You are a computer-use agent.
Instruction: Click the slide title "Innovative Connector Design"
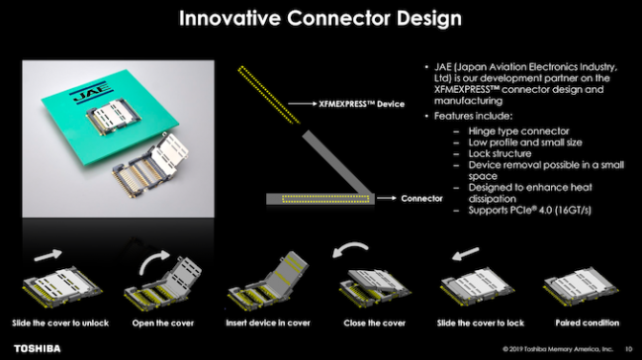[321, 18]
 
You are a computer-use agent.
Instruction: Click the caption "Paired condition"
[581, 323]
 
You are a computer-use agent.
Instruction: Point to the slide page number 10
[628, 349]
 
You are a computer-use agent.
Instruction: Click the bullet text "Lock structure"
[488, 154]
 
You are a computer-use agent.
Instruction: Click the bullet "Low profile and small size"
[514, 143]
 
